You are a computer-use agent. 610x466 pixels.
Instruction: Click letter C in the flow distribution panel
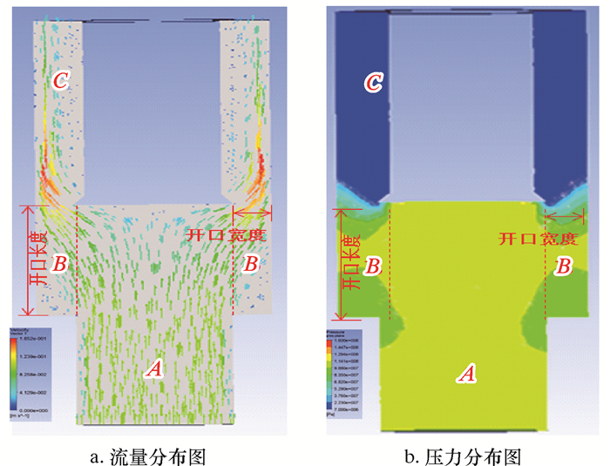click(59, 81)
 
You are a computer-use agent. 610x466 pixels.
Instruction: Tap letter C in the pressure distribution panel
click(372, 83)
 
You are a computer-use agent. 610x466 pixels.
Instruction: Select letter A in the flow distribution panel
click(154, 369)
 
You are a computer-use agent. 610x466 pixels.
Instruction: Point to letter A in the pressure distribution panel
click(467, 374)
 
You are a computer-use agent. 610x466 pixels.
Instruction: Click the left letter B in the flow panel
click(59, 262)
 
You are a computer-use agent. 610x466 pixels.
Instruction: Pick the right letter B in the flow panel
click(251, 262)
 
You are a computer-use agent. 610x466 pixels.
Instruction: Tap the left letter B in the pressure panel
click(372, 266)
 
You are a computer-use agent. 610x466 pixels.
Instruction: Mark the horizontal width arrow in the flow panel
click(252, 209)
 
